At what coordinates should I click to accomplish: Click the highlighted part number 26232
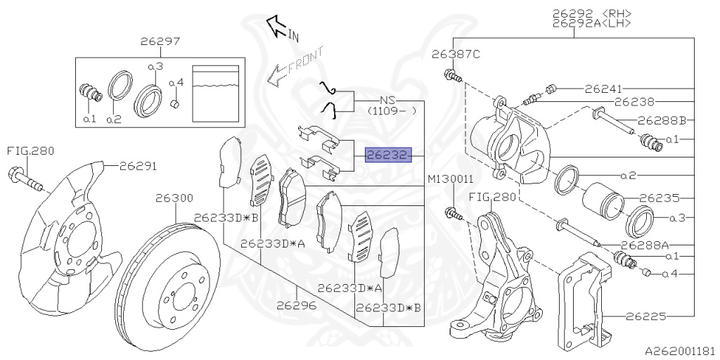[386, 155]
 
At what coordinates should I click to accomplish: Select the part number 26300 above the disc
[174, 199]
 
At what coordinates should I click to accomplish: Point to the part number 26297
[161, 42]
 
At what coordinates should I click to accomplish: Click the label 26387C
[456, 55]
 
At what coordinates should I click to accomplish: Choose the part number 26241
[604, 89]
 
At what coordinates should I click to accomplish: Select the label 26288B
[662, 120]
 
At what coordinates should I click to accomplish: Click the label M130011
[450, 181]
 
